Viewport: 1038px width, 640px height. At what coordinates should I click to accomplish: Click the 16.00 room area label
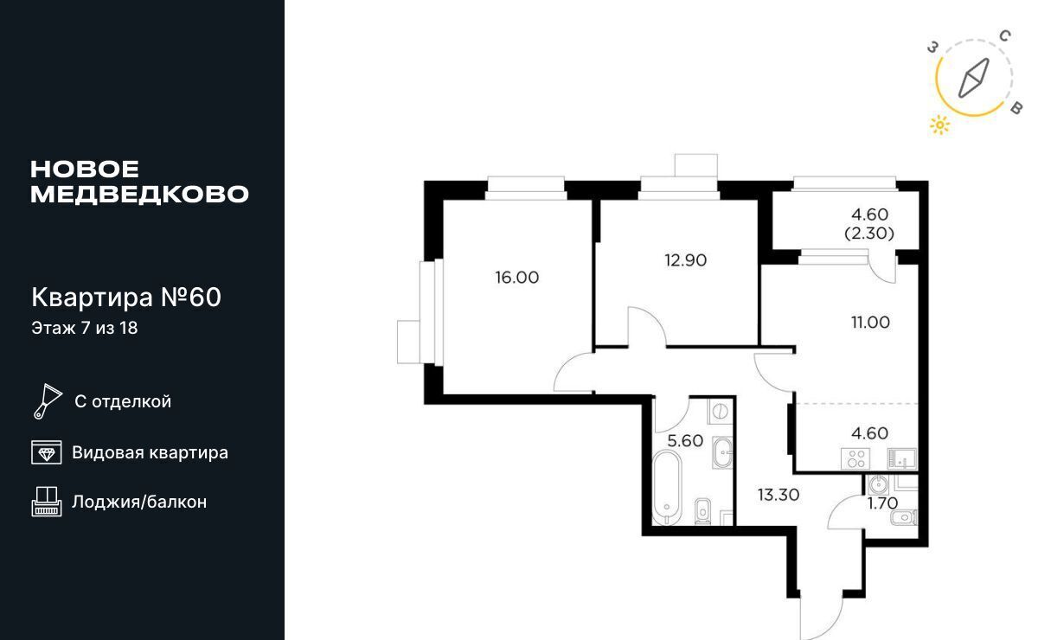tap(516, 278)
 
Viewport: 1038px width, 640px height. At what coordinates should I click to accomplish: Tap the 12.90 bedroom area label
tap(685, 260)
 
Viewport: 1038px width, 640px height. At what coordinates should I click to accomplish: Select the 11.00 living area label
tap(870, 323)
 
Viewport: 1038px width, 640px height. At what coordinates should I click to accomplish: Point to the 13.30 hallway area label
tap(778, 495)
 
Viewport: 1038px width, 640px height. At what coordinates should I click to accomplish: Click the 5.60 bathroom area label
tap(685, 441)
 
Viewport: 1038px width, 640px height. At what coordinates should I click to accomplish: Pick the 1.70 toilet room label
tap(883, 503)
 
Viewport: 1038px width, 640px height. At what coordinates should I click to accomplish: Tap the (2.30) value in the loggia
tap(869, 234)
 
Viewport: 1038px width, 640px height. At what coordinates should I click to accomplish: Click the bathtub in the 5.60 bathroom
tap(667, 488)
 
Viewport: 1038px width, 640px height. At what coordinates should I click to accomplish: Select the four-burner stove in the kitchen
tap(855, 458)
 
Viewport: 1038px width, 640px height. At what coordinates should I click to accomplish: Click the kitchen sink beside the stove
tap(901, 458)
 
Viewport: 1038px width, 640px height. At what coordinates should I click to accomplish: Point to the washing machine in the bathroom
tap(720, 411)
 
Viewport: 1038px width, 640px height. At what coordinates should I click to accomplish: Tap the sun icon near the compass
tap(939, 125)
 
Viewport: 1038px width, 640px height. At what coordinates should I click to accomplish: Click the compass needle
tap(974, 79)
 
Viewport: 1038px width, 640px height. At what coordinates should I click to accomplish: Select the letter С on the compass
tap(1004, 35)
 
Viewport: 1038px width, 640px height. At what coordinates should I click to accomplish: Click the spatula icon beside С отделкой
tap(48, 401)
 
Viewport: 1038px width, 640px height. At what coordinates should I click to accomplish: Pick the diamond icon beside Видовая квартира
tap(47, 452)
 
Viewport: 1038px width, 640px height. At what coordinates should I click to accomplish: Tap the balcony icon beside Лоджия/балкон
tap(47, 502)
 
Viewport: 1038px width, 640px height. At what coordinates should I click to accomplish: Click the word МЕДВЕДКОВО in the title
tap(139, 195)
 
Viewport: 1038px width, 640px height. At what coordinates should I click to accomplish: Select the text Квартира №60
tap(126, 297)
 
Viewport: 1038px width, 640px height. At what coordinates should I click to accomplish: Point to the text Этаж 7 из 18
tap(85, 328)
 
